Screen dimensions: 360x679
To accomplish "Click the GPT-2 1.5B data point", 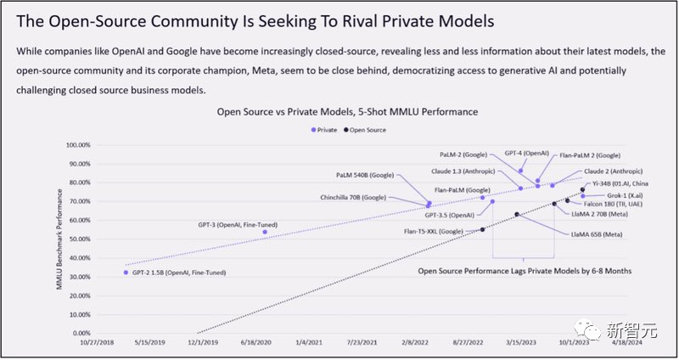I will click(x=126, y=273).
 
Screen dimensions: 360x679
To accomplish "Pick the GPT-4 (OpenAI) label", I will click(x=527, y=153).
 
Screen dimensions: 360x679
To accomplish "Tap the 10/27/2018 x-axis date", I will click(x=97, y=343).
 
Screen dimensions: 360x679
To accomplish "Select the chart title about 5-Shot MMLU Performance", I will click(x=347, y=111).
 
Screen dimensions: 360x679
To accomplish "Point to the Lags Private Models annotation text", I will click(x=542, y=271).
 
